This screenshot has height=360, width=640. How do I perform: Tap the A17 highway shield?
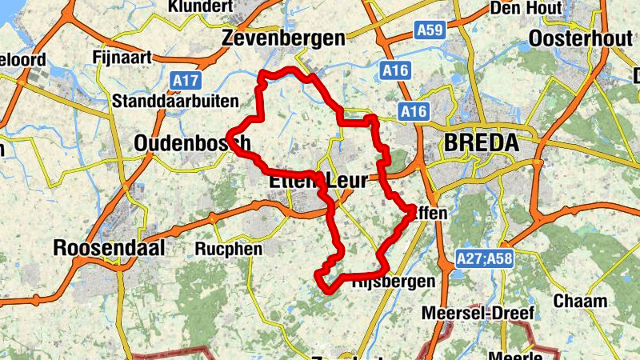point(186,80)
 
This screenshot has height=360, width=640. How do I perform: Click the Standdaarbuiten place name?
point(176,101)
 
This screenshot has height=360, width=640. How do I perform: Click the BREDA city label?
point(480,144)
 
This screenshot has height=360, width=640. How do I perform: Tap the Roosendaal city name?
point(109,248)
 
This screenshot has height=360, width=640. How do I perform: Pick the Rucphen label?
point(228,249)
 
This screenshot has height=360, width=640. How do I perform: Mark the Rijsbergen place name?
point(393,281)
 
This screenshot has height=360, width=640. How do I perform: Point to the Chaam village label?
point(581,301)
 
